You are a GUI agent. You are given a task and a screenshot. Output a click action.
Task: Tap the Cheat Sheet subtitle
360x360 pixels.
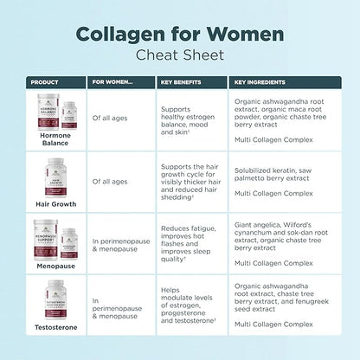[x=180, y=55]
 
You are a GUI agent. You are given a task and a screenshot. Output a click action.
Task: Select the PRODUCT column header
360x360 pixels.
[x=44, y=82]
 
